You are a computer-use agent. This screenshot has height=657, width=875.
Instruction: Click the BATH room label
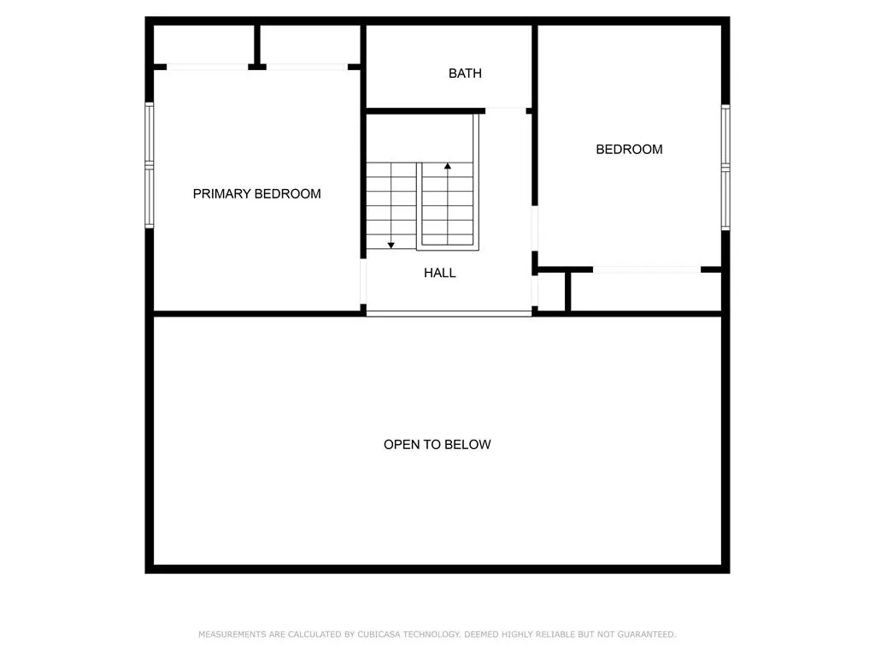465,74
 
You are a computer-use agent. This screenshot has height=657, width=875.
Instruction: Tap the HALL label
440,273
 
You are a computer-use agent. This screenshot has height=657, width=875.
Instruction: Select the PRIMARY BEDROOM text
256,194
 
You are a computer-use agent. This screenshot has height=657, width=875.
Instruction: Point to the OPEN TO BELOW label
437,444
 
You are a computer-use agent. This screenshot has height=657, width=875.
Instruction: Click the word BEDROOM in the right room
629,149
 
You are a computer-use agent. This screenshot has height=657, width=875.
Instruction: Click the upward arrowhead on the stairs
448,166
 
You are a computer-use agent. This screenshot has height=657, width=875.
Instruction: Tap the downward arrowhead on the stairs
391,246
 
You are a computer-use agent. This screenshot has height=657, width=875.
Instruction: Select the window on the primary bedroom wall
149,165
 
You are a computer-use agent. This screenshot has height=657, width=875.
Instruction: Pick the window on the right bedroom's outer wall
725,167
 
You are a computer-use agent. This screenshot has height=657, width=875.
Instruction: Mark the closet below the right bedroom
646,292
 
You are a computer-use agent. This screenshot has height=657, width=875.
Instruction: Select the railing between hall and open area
449,314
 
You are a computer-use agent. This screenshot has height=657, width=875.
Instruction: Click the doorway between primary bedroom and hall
363,281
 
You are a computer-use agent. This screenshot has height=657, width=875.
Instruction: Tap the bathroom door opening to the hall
506,110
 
